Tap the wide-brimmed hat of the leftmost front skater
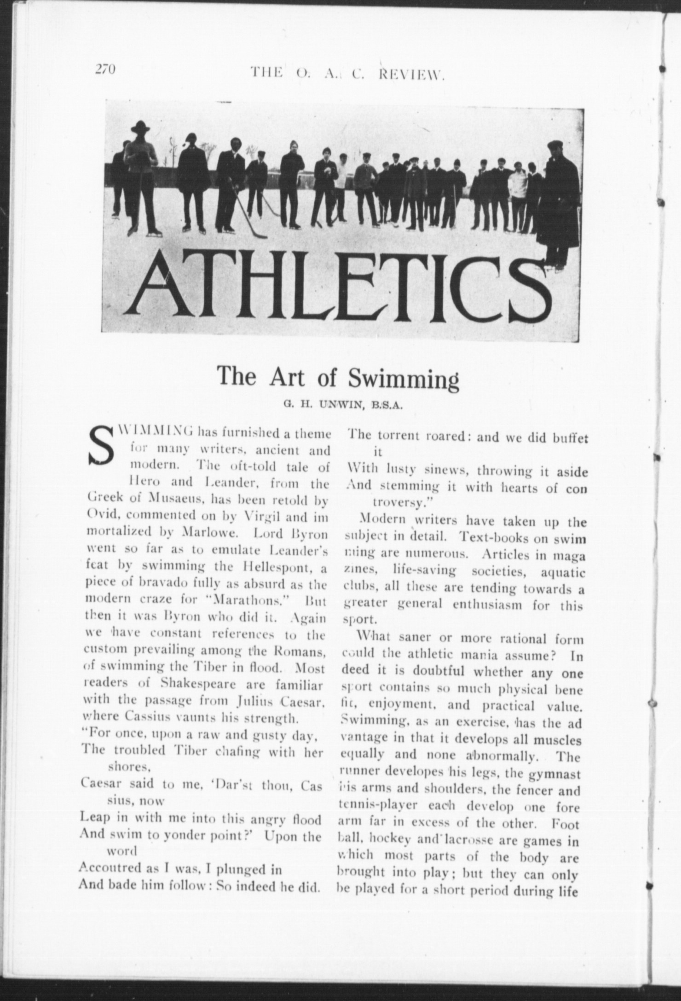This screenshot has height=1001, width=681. click(x=140, y=127)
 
